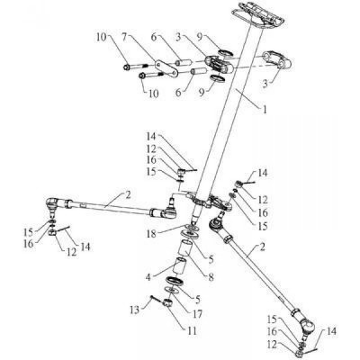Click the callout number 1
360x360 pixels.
point(265,110)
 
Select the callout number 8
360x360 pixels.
point(211,278)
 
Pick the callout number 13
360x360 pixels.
point(135,310)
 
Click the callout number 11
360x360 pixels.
point(192,330)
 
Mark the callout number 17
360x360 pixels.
point(197,314)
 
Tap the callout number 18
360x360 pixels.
point(151,234)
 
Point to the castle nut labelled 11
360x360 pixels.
point(167,303)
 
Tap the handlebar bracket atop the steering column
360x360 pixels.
point(258,15)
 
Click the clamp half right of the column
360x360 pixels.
point(277,61)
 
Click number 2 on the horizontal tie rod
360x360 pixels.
point(128,195)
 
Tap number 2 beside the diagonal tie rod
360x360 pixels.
point(262,248)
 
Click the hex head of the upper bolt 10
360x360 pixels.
point(126,67)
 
